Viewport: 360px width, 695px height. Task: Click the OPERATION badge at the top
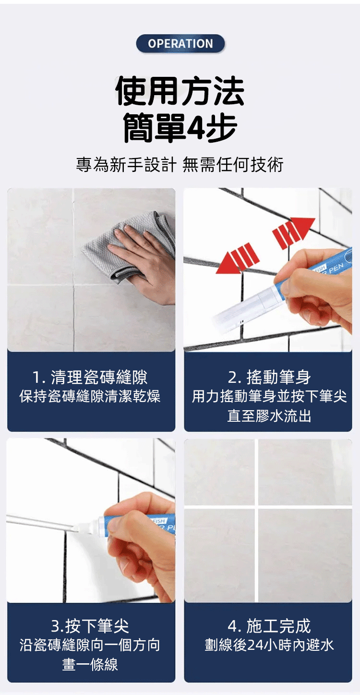click(x=180, y=43)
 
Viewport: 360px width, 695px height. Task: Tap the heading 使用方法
click(x=180, y=91)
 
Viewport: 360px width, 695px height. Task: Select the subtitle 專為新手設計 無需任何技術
click(x=180, y=164)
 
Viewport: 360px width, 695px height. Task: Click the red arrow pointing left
click(x=238, y=258)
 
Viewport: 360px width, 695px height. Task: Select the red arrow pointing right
click(x=293, y=232)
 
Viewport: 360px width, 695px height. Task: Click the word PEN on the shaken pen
click(x=336, y=268)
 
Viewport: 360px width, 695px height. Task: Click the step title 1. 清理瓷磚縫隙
click(x=90, y=378)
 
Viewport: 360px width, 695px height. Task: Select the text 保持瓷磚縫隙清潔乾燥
click(x=90, y=396)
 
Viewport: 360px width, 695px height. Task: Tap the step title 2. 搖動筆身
click(x=269, y=378)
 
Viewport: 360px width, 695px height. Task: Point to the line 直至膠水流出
click(x=269, y=416)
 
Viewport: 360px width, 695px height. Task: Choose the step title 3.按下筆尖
click(x=90, y=626)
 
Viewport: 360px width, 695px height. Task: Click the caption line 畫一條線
click(x=90, y=665)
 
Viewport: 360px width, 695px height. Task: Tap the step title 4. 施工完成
click(x=269, y=626)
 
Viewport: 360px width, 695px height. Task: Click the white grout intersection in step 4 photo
click(x=256, y=507)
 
